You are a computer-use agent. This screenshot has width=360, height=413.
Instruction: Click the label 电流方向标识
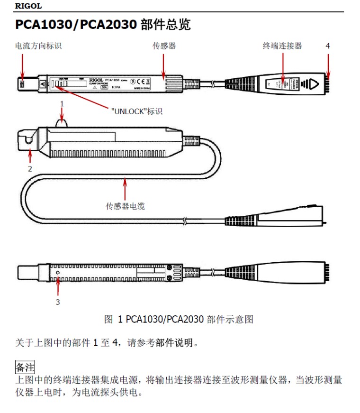point(38,46)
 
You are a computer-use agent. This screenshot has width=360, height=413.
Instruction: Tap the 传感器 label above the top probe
point(164,46)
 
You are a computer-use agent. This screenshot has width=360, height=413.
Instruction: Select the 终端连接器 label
point(282,46)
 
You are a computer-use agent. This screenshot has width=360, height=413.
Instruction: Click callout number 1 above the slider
point(62,103)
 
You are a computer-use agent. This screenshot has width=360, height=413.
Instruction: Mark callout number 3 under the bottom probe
point(58,302)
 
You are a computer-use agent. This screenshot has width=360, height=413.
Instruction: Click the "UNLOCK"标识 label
point(136,111)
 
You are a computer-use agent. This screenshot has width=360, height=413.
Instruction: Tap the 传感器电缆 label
point(125,206)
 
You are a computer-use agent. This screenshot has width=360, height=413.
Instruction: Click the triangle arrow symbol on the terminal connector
point(312,84)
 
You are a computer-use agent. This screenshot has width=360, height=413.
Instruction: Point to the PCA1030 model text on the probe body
point(112,80)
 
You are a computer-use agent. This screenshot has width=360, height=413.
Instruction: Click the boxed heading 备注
point(25,367)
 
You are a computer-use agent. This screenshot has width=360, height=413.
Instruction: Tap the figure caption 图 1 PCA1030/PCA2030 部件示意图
point(179,319)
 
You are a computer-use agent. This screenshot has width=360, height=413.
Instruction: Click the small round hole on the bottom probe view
point(57,273)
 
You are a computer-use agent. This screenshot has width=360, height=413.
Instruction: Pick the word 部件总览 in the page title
point(166,25)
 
